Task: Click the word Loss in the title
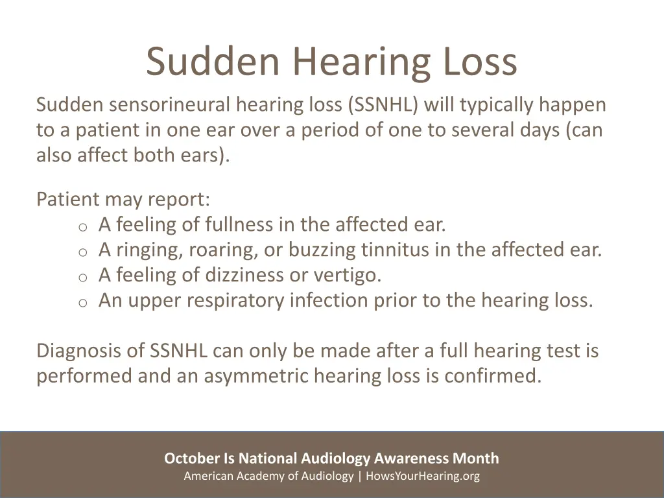coord(480,62)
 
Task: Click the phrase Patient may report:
coord(123,199)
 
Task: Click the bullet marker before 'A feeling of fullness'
coord(82,227)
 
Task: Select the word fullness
coord(239,225)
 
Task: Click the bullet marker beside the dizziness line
coord(82,278)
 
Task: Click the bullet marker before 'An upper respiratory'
coord(82,303)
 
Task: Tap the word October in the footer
coord(192,459)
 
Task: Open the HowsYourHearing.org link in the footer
coord(423,477)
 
